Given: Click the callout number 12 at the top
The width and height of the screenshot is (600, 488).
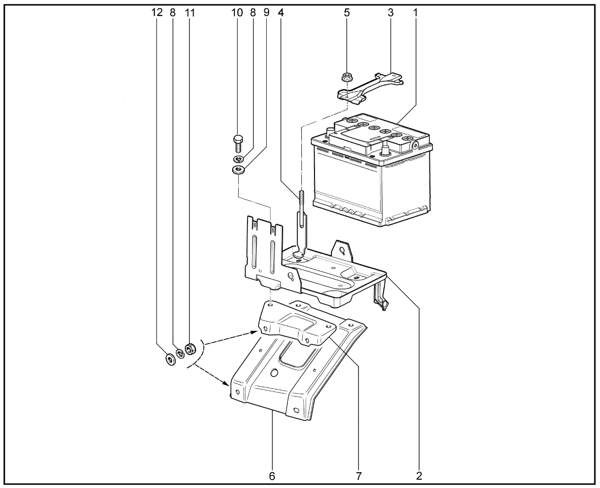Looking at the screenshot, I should [x=157, y=13].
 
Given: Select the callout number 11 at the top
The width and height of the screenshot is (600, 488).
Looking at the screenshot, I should [x=189, y=13].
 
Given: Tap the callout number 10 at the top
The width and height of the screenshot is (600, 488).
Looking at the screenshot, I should [x=237, y=13].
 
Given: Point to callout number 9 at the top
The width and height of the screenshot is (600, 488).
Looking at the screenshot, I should [x=266, y=13].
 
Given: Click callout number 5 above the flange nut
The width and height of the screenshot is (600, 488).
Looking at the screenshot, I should [x=347, y=13].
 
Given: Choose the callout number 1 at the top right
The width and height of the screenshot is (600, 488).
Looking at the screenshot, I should [x=415, y=13].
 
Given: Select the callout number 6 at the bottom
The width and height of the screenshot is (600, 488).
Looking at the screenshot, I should [x=272, y=476].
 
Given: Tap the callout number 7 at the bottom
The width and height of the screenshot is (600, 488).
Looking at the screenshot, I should [x=359, y=476].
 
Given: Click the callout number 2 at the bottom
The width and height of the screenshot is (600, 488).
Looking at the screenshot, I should [x=419, y=476].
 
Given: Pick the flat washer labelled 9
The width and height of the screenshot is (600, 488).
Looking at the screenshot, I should [x=238, y=170].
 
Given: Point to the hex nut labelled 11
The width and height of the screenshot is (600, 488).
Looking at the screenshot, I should [x=190, y=349].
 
